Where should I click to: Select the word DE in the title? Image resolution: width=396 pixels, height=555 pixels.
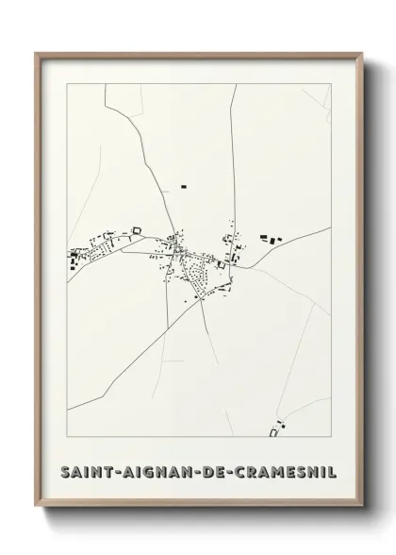pyautogui.click(x=206, y=470)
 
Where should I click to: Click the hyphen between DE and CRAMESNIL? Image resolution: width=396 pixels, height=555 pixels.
pyautogui.click(x=223, y=470)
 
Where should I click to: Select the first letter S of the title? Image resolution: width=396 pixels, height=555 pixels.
pyautogui.click(x=64, y=470)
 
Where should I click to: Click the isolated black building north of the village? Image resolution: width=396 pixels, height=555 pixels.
pyautogui.click(x=183, y=188)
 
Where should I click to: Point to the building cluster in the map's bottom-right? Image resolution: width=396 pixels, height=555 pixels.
pyautogui.click(x=276, y=429)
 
